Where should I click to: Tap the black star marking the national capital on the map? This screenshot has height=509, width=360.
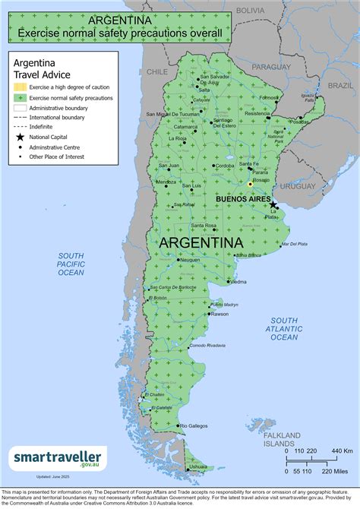point(273,204)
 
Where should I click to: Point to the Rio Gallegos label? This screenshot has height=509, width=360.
point(193,426)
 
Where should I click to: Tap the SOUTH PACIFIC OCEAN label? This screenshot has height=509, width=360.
point(71,264)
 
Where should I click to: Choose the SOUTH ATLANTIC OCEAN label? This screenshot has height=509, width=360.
point(285,328)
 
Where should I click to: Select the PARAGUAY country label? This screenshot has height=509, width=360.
point(271,67)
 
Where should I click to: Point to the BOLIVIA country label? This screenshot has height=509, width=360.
point(249,11)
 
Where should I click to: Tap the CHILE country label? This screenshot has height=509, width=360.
point(157,71)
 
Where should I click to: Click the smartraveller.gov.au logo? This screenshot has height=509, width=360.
point(58,457)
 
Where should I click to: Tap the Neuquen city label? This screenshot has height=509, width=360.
point(190,260)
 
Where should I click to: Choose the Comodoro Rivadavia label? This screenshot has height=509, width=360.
point(207,346)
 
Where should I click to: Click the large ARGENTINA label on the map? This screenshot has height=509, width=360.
point(201,242)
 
